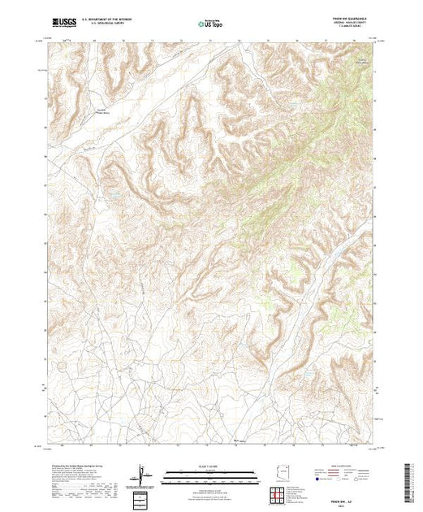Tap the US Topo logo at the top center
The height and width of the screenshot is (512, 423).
pyautogui.click(x=211, y=24)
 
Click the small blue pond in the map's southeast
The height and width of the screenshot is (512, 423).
pyautogui.click(x=309, y=373)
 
